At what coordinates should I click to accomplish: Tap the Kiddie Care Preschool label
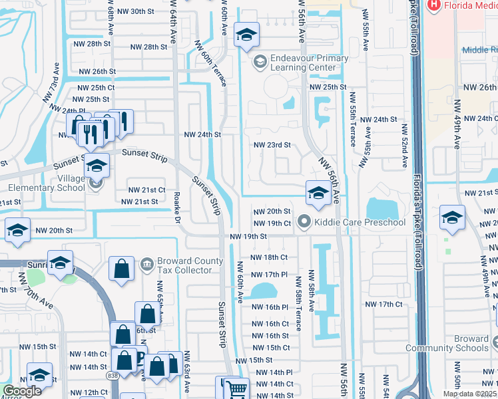click(360, 222)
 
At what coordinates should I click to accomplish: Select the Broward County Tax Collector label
click(185, 265)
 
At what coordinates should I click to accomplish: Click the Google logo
click(22, 391)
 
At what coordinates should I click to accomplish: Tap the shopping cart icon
click(236, 390)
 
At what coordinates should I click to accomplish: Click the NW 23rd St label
click(272, 144)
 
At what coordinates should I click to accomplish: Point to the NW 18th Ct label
click(269, 257)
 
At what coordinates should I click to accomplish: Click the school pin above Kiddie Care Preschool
click(318, 194)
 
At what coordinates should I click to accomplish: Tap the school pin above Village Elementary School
click(97, 166)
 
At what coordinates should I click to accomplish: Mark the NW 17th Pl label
click(269, 274)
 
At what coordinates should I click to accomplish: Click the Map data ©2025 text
click(469, 394)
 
